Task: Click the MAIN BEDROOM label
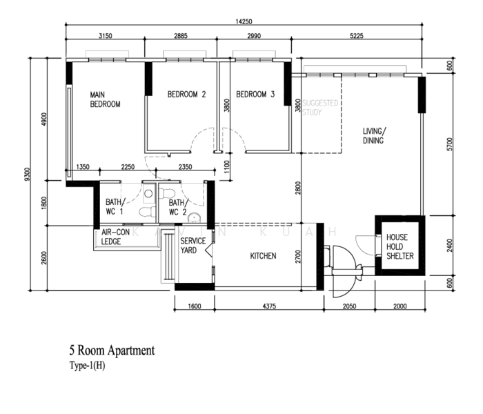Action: coord(105,99)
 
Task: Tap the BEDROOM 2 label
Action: coord(187,95)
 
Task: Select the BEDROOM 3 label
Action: coord(255,95)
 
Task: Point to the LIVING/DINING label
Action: coord(374,136)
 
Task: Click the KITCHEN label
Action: coord(263,256)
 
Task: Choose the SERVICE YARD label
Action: coord(193,246)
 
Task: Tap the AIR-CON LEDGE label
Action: coord(115,237)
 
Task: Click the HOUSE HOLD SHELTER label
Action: coord(400,246)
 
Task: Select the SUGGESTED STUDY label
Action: coord(320,108)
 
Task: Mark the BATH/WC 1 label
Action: coord(115,207)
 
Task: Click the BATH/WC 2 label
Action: coord(178,207)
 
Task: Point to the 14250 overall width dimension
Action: coord(244,21)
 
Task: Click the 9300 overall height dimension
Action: coord(27,174)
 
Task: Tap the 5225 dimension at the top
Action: coord(357,36)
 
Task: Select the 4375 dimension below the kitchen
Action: coord(269,306)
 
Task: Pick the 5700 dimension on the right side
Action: coord(449,144)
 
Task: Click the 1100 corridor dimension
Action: coord(227,167)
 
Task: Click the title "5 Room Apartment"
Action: coord(112,351)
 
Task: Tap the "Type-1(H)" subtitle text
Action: coord(87,366)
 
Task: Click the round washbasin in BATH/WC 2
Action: coord(194,217)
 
